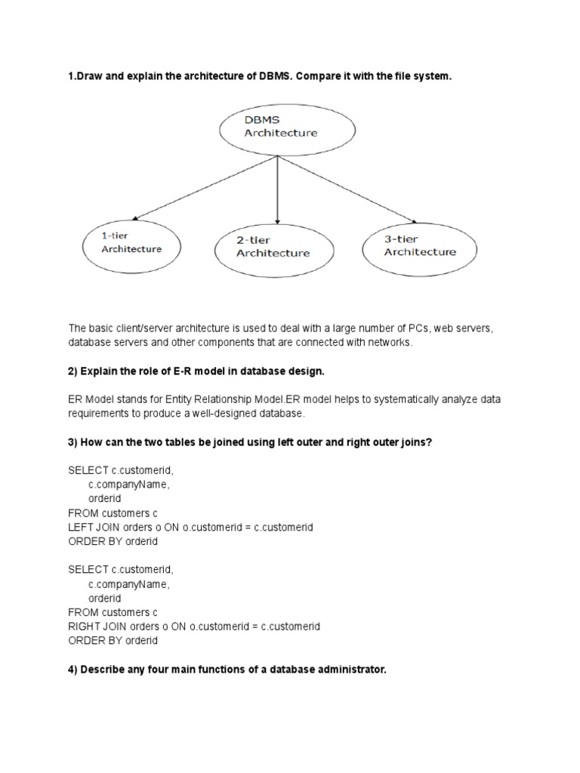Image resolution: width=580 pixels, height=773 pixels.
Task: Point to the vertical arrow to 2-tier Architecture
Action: (279, 189)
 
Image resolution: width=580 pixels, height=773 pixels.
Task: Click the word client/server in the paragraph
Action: (153, 328)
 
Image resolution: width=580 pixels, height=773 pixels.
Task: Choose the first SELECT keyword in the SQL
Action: (88, 470)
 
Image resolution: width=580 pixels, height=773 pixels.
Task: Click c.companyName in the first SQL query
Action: (128, 485)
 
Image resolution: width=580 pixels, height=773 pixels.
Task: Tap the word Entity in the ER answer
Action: (187, 400)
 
